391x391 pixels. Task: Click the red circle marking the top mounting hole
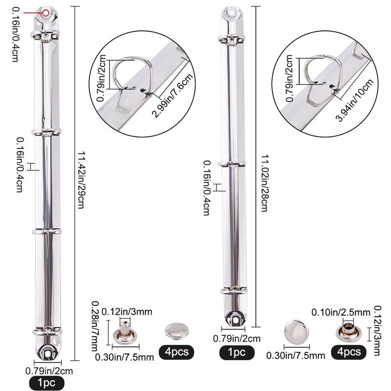coord(45,13)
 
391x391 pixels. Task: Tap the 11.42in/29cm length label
coord(81,180)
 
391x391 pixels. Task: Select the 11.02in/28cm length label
coord(264,183)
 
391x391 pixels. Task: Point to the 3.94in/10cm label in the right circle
coord(355,100)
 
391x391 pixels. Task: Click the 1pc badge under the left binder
coord(46,383)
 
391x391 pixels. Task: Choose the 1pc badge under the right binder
coord(237,352)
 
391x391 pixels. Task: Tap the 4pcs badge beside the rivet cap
coord(176,352)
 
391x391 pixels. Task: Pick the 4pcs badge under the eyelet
coord(349,352)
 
